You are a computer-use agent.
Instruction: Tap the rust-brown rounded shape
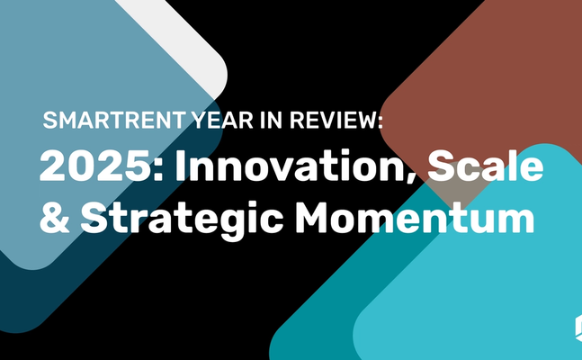tap(477, 81)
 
